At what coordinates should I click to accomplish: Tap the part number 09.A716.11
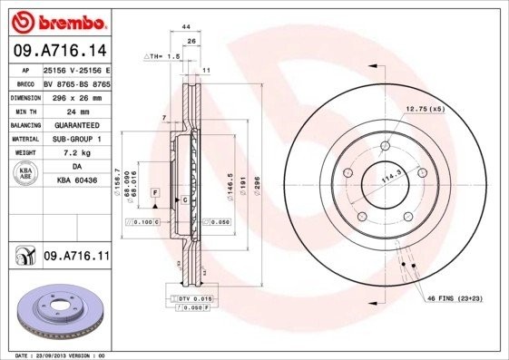[x=76, y=258]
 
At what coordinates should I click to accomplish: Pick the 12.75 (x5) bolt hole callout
[x=426, y=109]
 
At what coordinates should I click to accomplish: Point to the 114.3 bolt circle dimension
[x=391, y=180]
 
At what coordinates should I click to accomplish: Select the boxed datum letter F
[x=156, y=194]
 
